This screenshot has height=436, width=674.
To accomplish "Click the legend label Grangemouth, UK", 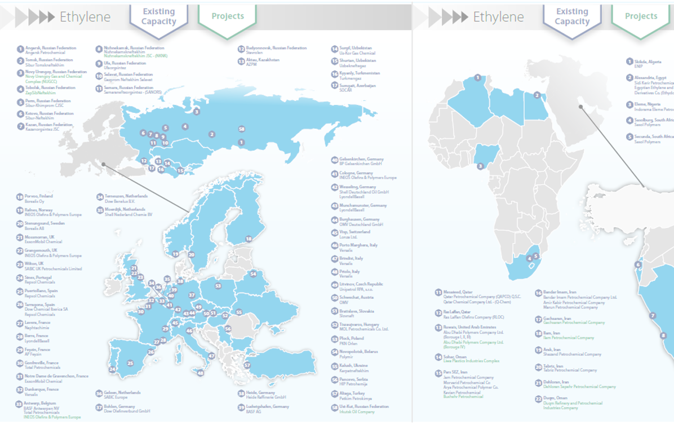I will click(45, 250).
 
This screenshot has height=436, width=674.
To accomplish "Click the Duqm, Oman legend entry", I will click(556, 398).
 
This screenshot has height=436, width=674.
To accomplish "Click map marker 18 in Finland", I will click(249, 239).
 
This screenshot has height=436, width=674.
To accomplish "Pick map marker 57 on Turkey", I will click(247, 365).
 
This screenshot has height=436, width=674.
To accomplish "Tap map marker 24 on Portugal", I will click(113, 369).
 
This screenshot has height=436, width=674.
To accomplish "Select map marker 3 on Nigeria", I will click(480, 166).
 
